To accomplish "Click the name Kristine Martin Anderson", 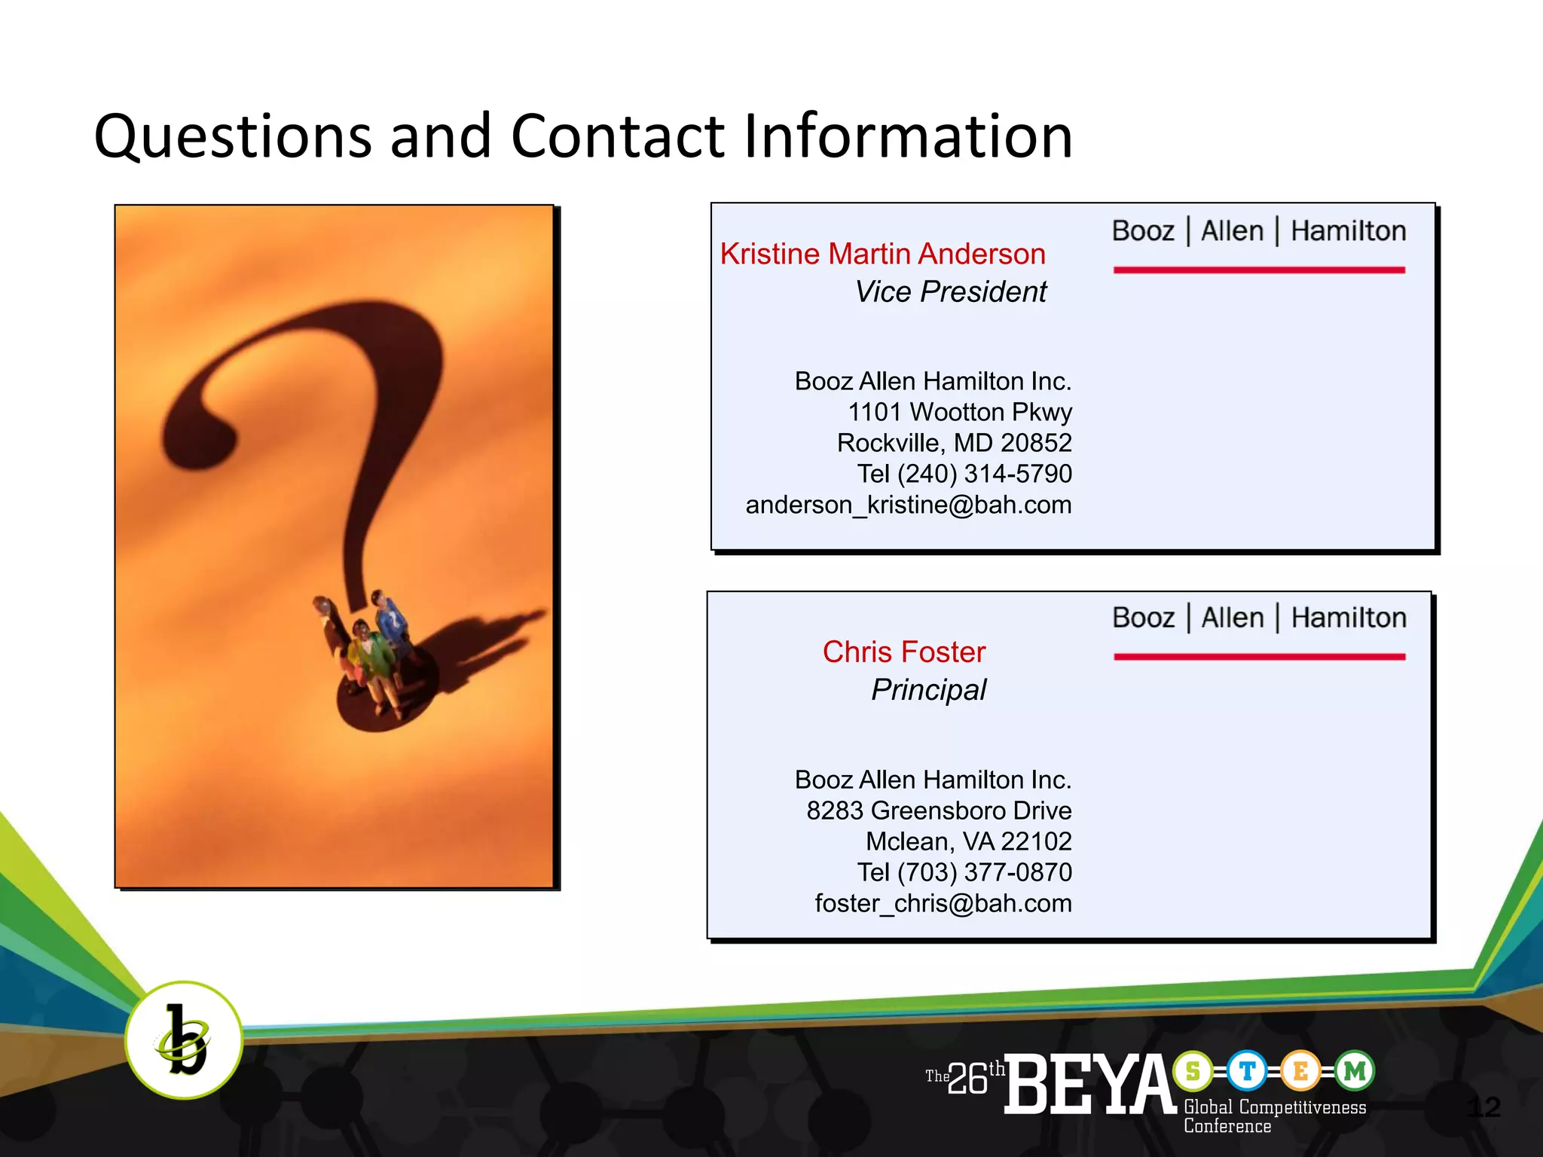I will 882,255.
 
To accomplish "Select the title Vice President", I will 950,292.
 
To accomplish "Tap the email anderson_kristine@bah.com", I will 908,505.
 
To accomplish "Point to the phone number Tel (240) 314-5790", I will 964,474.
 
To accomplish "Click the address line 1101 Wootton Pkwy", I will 959,412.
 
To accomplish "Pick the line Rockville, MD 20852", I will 954,443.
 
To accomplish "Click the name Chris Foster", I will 903,652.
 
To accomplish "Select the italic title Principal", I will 928,690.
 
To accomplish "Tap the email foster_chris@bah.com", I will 943,903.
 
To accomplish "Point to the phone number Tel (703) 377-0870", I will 964,872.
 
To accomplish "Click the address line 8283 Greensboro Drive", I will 939,811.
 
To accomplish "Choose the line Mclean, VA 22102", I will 968,841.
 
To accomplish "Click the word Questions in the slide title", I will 233,137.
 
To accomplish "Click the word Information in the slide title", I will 908,137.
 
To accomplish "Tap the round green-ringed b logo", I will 183,1040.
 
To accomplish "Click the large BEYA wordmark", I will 1089,1085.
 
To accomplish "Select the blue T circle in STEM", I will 1247,1070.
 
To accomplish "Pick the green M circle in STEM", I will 1355,1070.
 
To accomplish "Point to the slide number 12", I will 1483,1107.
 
